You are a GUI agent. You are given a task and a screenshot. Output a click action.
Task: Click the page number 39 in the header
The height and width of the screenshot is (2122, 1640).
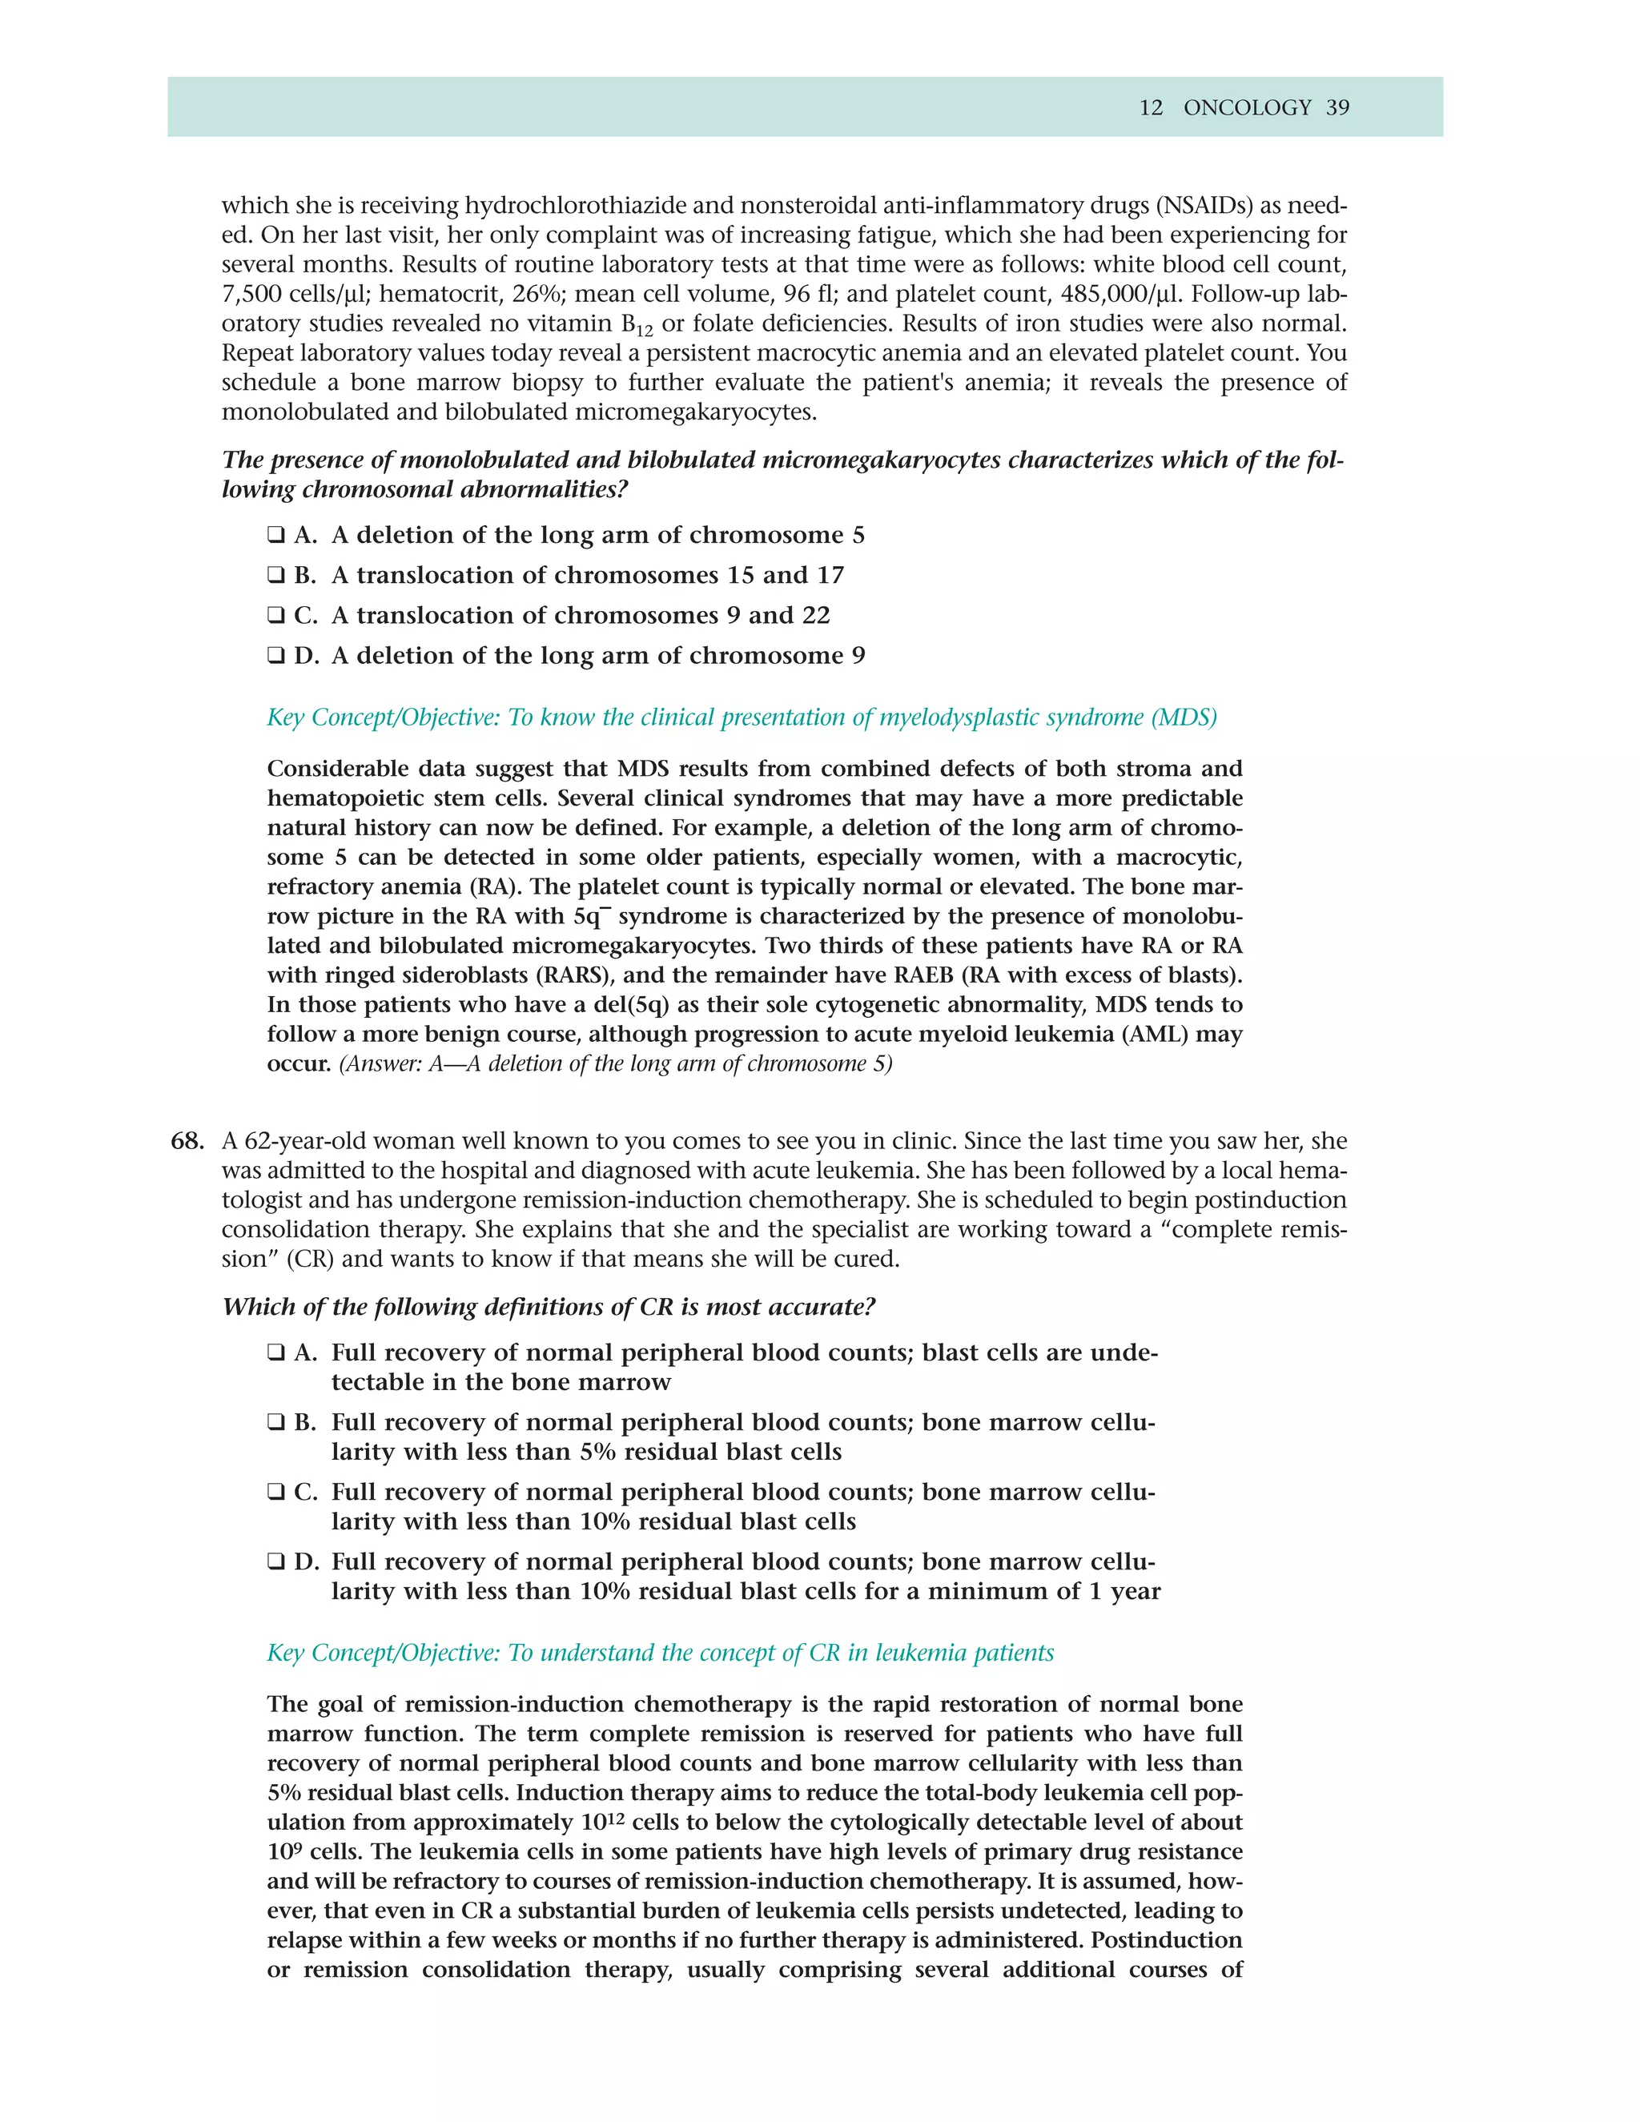[x=1338, y=108]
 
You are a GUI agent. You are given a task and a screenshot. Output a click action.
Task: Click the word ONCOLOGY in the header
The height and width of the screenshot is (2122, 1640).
[x=1247, y=108]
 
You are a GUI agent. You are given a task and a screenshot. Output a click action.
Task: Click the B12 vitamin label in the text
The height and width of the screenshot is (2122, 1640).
[x=637, y=324]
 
